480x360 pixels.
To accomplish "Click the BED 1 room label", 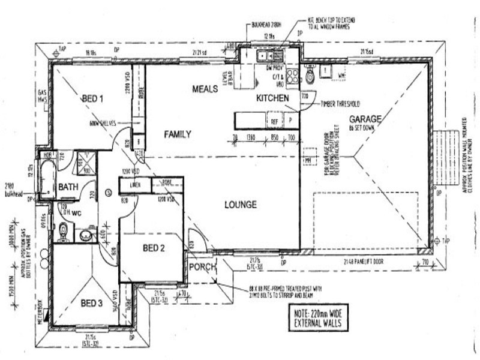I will [x=93, y=99].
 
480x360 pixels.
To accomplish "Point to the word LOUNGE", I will [x=241, y=205].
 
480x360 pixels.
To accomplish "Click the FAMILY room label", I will [x=178, y=134].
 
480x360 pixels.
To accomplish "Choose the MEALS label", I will [x=205, y=89].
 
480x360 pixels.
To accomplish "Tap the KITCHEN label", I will [x=273, y=98].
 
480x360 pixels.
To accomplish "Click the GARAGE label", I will [x=365, y=119].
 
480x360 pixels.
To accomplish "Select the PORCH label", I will [x=202, y=267].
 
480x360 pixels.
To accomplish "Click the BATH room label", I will [x=67, y=187].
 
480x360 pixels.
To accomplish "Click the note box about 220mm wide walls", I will [x=317, y=317].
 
